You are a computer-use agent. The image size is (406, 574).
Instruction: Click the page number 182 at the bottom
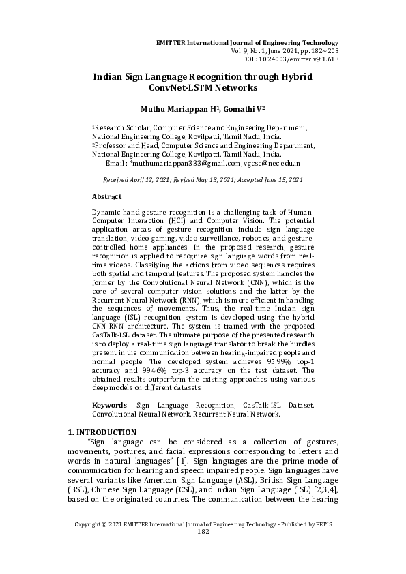click(202, 532)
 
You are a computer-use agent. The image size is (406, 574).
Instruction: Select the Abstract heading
click(106, 196)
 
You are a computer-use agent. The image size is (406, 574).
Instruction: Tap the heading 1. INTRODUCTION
click(102, 432)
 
